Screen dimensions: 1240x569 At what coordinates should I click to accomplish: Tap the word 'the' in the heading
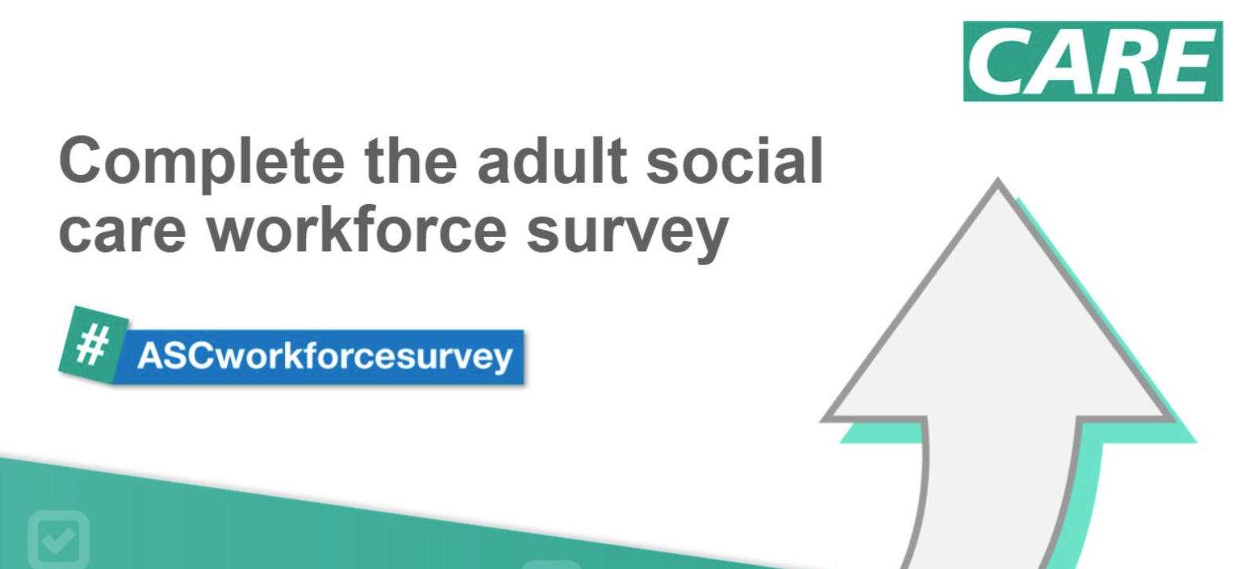(x=411, y=161)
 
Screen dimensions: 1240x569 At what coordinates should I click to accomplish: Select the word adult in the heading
(x=553, y=161)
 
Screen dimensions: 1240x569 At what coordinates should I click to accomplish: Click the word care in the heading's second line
(x=122, y=232)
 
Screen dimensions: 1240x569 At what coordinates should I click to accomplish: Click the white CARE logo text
(x=1092, y=62)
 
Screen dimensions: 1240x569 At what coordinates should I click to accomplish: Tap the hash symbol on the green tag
(x=93, y=345)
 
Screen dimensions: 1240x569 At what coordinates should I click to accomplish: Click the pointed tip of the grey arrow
(x=997, y=179)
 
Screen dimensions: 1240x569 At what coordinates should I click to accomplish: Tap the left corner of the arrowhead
(x=822, y=419)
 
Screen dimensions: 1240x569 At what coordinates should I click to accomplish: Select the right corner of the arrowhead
(x=1173, y=419)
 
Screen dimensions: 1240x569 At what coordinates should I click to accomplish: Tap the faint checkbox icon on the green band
(x=59, y=539)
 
